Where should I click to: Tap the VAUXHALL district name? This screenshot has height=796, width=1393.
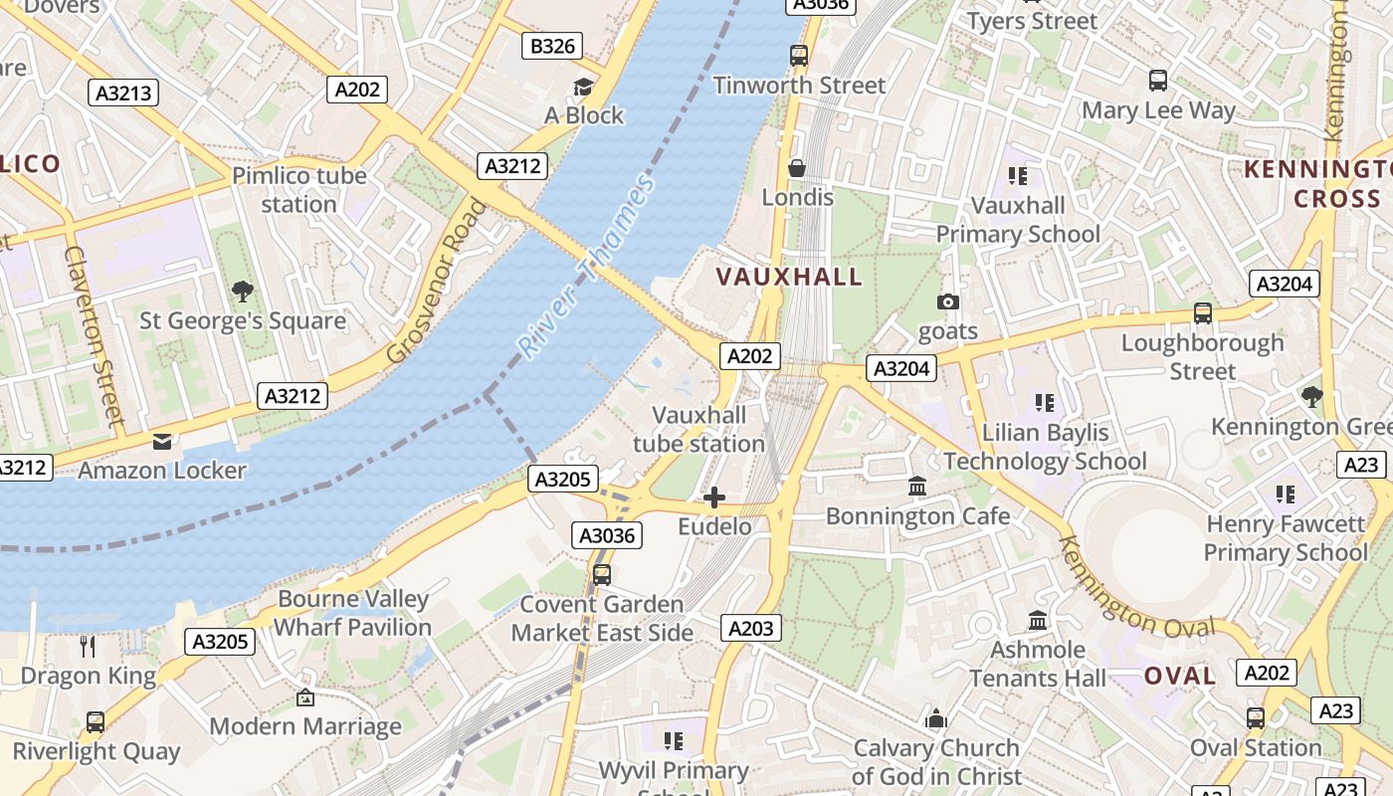click(789, 277)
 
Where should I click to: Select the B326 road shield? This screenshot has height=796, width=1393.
click(552, 46)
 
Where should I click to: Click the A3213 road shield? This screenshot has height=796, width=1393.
click(124, 94)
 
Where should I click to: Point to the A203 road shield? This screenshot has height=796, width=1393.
click(750, 628)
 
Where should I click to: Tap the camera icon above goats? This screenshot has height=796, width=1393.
click(947, 301)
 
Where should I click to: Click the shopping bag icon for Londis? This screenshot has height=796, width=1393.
click(797, 168)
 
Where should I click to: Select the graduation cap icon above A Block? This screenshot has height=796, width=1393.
click(583, 88)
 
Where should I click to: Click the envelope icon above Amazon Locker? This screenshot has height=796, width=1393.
click(161, 442)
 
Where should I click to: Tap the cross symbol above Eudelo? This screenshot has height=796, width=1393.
click(714, 497)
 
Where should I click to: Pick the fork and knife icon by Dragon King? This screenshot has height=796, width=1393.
click(88, 647)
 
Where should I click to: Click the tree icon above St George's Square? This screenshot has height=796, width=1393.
click(242, 292)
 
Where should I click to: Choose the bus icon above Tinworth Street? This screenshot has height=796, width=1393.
click(799, 56)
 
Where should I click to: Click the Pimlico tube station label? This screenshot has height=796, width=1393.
click(299, 190)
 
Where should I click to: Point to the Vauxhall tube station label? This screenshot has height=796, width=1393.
click(698, 429)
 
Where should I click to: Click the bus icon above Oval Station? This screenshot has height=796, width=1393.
click(1256, 717)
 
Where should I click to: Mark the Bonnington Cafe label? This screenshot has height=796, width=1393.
click(917, 516)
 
